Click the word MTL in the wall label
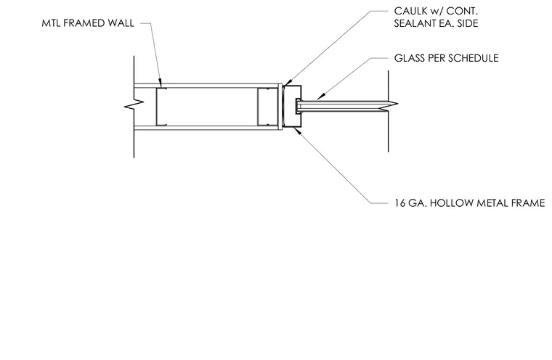(51, 23)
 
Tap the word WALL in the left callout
(121, 23)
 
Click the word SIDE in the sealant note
(468, 23)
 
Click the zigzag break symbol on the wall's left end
(134, 104)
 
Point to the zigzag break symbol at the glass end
(389, 105)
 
